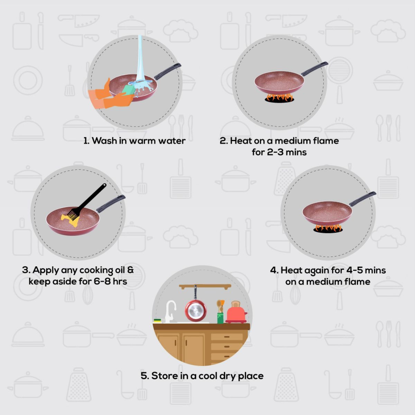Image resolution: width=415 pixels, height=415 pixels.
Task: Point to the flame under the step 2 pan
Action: [279, 98]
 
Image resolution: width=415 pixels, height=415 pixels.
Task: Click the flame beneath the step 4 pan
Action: [328, 228]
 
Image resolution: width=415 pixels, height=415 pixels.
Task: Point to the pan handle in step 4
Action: [362, 199]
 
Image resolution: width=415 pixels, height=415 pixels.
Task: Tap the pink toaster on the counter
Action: [236, 312]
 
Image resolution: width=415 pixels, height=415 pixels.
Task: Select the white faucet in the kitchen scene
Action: [170, 312]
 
